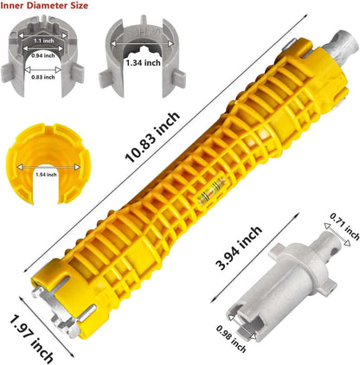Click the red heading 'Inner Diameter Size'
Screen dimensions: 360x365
pyautogui.click(x=44, y=5)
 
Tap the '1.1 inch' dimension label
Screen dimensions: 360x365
pyautogui.click(x=44, y=41)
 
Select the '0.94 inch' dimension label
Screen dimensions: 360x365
pyautogui.click(x=43, y=55)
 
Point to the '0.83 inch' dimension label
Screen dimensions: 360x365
pyautogui.click(x=43, y=77)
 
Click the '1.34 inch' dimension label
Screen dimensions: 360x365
pyautogui.click(x=144, y=62)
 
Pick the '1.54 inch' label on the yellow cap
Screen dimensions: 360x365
pyautogui.click(x=46, y=175)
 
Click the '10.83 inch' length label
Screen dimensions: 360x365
pyautogui.click(x=152, y=137)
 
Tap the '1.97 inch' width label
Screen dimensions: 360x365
pyautogui.click(x=31, y=339)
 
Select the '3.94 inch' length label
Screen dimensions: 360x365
pyautogui.click(x=239, y=248)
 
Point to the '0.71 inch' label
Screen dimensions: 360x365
pyautogui.click(x=344, y=227)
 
